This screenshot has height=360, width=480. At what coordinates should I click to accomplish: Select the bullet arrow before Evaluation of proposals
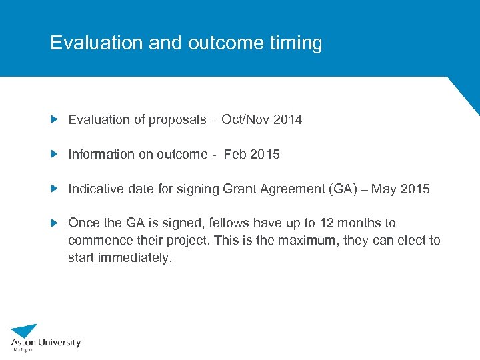55,120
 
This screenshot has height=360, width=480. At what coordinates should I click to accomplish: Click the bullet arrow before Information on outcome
55,154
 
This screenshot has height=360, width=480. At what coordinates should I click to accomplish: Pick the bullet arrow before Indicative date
55,189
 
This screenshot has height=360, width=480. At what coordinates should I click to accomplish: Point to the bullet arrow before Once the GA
55,223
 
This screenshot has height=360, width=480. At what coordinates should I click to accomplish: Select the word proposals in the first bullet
179,120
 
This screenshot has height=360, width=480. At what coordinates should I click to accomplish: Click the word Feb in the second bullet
235,155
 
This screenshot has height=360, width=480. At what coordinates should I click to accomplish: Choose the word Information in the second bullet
101,155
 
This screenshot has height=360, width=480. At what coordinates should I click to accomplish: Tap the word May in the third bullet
384,189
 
